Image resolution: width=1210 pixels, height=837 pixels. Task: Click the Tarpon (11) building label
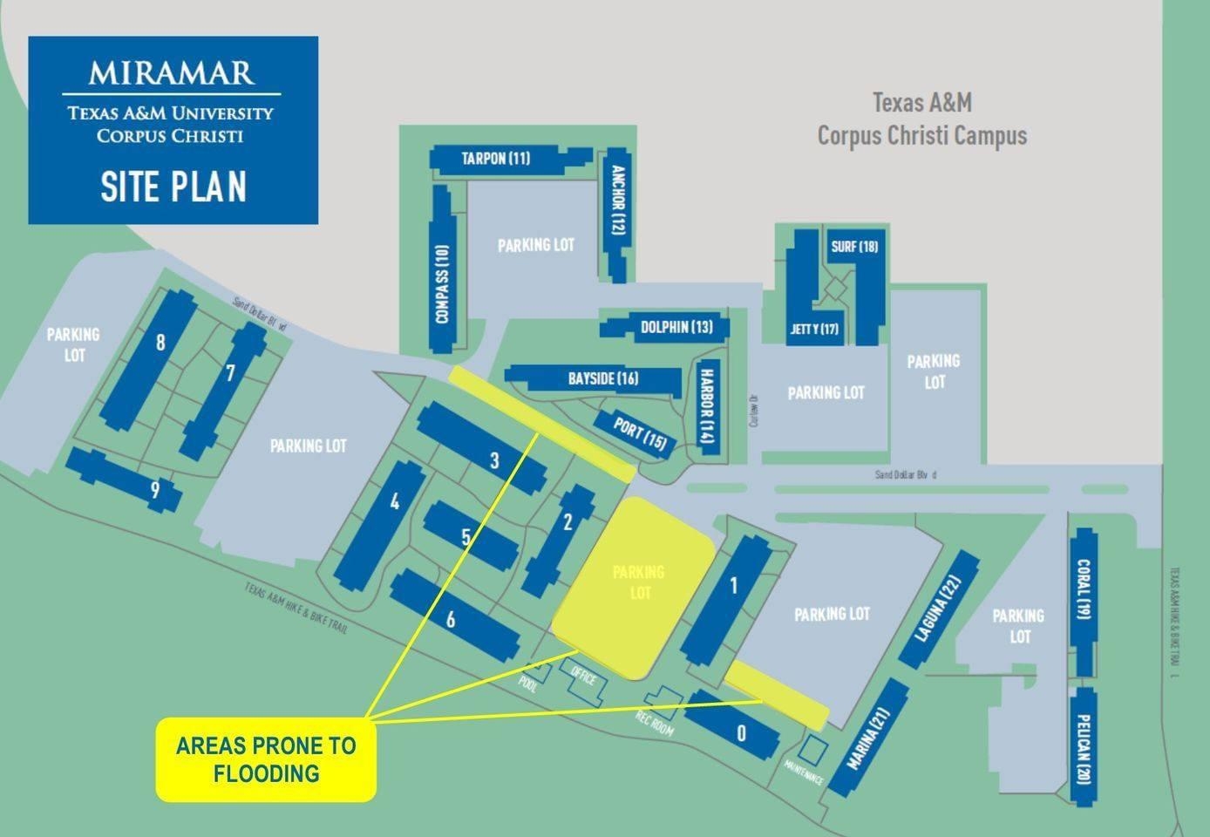(495, 158)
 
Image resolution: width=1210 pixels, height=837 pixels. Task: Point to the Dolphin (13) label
(676, 327)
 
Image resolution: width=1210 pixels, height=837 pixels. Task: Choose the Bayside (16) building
(602, 378)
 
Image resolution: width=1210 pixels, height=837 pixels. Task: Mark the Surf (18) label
(854, 247)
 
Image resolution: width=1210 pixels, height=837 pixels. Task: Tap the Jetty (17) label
(815, 329)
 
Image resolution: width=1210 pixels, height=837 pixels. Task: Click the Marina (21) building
(868, 737)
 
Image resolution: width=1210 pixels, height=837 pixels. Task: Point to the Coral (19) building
(1084, 602)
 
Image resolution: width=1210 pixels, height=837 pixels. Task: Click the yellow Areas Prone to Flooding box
(266, 759)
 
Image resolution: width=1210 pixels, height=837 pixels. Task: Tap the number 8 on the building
(160, 343)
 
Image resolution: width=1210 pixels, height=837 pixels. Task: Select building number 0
(740, 733)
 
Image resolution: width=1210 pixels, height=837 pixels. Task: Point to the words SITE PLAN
(173, 186)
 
